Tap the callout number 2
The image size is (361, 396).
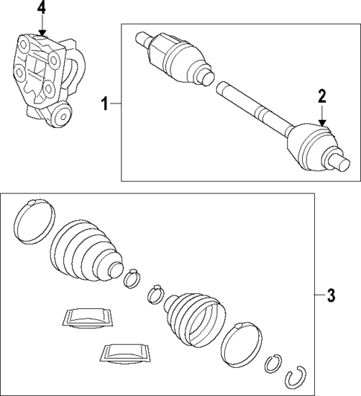click(322, 95)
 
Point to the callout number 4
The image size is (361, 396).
click(42, 9)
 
